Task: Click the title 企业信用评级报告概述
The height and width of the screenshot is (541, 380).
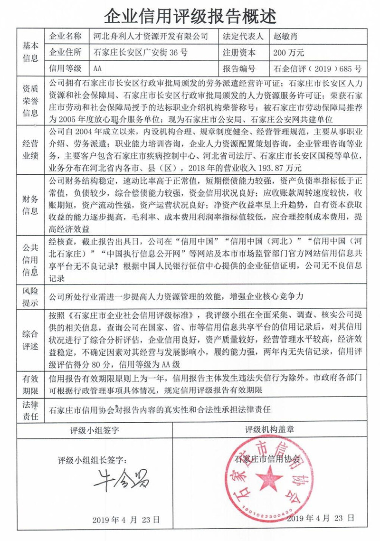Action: click(190, 16)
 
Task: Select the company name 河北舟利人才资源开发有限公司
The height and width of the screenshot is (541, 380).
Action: click(149, 36)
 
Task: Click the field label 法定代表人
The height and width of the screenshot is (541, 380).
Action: click(242, 36)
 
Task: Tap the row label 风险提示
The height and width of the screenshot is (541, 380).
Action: click(30, 295)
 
